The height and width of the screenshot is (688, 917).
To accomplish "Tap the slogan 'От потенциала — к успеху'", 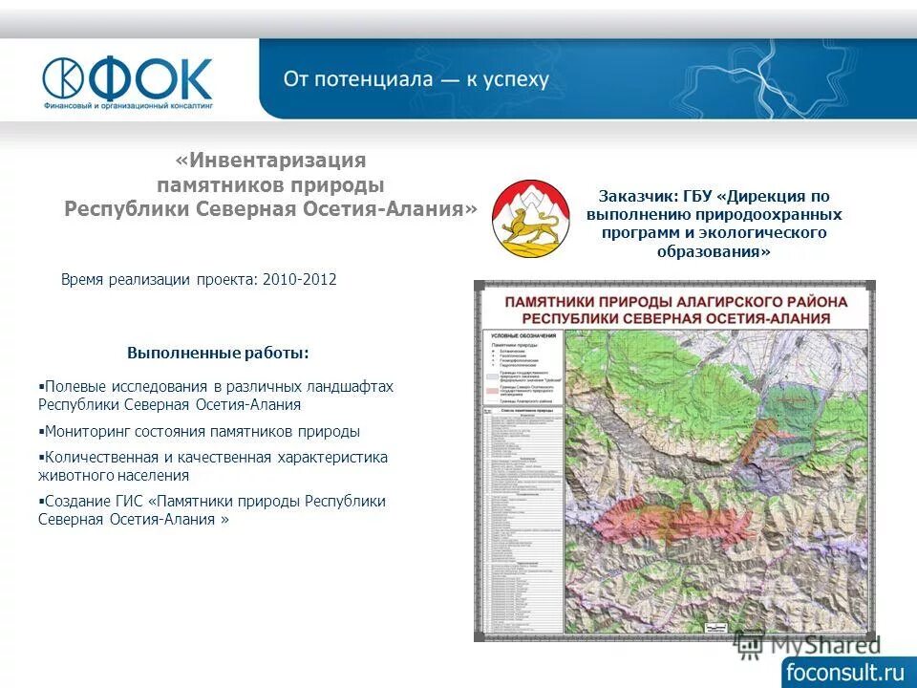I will (x=416, y=79).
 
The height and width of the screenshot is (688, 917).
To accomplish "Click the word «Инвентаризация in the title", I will (x=271, y=161).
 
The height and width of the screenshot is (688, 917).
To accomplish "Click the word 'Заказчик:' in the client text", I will (x=637, y=197).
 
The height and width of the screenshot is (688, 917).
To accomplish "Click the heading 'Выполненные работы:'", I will (x=218, y=354).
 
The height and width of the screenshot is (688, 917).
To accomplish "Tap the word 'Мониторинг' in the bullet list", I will (x=87, y=431).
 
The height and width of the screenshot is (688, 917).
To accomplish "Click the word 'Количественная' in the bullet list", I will (x=100, y=457).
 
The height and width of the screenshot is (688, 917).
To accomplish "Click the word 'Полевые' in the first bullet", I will (x=72, y=386).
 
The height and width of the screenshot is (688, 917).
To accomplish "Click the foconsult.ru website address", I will (x=843, y=671).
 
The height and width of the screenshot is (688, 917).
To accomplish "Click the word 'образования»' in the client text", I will (x=714, y=251).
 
